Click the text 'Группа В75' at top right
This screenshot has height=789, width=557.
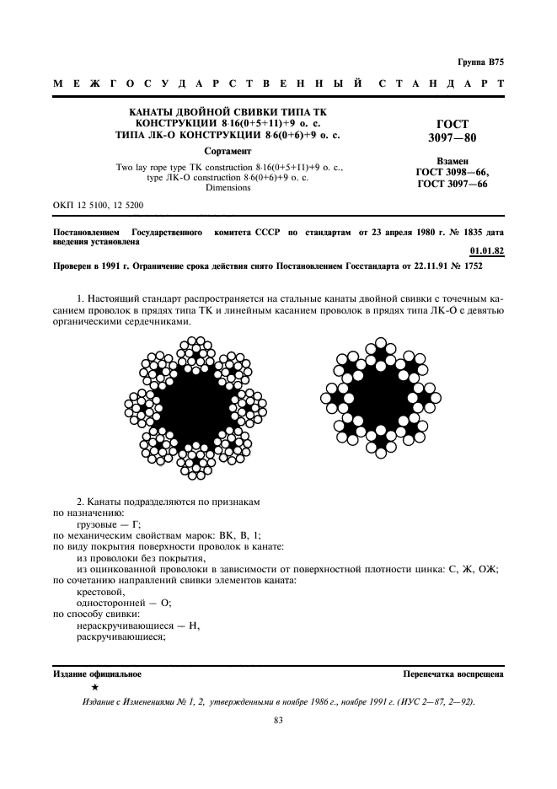pos(480,62)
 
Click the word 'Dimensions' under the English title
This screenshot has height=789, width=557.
pos(228,188)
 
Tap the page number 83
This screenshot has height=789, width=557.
pos(278,720)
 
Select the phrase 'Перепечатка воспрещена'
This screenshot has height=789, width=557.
pos(453,674)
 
